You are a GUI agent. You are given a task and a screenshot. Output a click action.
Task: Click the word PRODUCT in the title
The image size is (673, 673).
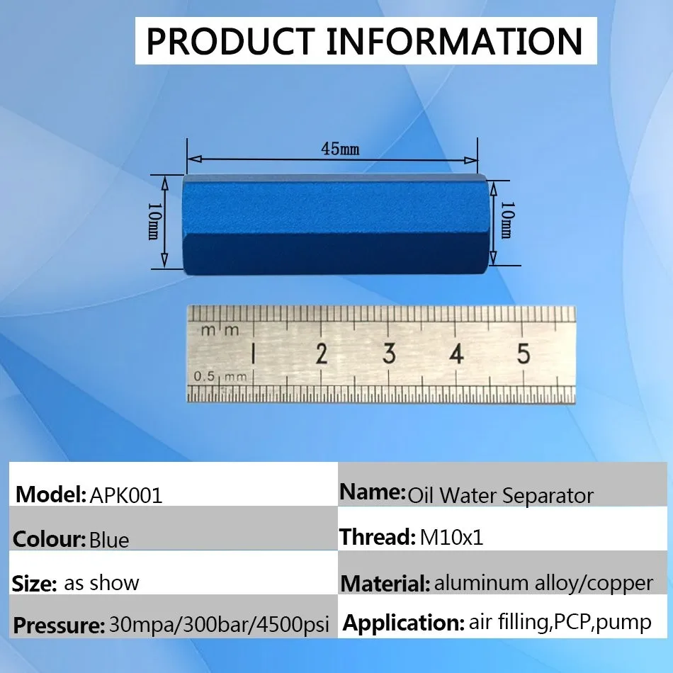pyautogui.click(x=230, y=41)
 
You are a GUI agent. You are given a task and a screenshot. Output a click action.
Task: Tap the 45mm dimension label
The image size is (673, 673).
pyautogui.click(x=340, y=149)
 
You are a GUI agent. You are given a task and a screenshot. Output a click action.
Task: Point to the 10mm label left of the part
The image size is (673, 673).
pyautogui.click(x=153, y=220)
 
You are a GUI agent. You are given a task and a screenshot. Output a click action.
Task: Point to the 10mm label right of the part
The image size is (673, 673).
pyautogui.click(x=506, y=220)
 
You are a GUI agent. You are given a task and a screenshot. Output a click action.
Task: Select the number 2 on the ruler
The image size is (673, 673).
pyautogui.click(x=322, y=354)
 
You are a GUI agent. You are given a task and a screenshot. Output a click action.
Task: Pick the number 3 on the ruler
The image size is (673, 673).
pyautogui.click(x=389, y=354)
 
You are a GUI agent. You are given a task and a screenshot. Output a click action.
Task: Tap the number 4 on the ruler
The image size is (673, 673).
pyautogui.click(x=456, y=354)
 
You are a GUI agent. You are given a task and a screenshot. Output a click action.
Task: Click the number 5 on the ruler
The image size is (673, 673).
pyautogui.click(x=524, y=354)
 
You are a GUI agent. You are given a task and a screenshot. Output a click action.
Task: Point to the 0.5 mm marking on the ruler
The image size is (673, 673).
pyautogui.click(x=220, y=377)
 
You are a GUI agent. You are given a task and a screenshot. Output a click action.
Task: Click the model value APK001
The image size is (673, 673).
pyautogui.click(x=126, y=496)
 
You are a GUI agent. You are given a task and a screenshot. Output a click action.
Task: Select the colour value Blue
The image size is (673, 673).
pyautogui.click(x=109, y=540)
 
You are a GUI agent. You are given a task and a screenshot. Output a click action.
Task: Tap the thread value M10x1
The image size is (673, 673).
pyautogui.click(x=451, y=538)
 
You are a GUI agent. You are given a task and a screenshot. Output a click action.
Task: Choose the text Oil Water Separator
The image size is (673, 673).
pyautogui.click(x=500, y=496)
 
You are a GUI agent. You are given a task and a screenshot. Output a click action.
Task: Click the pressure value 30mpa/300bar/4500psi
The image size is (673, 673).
pyautogui.click(x=220, y=625)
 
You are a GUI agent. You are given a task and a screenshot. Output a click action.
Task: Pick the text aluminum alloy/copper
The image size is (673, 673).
pyautogui.click(x=544, y=583)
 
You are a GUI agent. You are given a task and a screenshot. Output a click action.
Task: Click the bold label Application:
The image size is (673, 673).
pyautogui.click(x=404, y=623)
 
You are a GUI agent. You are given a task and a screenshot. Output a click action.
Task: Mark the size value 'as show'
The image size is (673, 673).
pyautogui.click(x=102, y=583)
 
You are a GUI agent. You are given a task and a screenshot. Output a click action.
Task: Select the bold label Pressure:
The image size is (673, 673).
pyautogui.click(x=59, y=626)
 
